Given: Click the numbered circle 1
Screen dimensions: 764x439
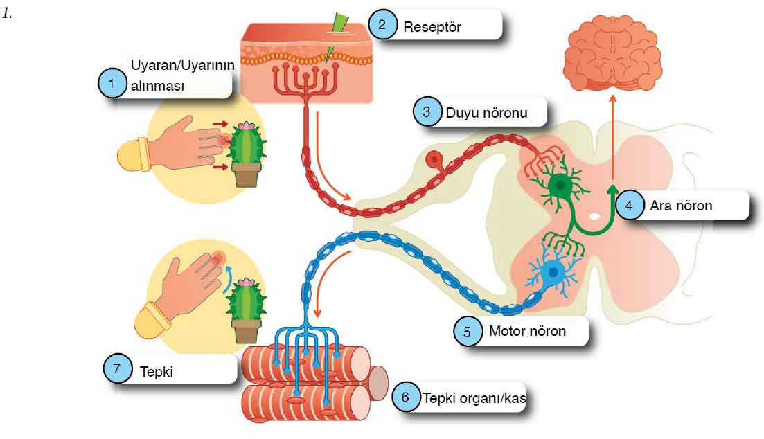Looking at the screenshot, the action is point(112,83).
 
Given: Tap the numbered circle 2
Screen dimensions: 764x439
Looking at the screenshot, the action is point(382,24).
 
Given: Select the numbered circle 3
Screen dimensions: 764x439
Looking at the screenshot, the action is point(427,112).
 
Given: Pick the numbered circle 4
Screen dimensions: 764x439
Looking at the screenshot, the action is point(628,206).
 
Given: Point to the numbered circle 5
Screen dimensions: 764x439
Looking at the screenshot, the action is point(467,332).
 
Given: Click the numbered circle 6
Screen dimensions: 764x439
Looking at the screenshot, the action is point(405,397).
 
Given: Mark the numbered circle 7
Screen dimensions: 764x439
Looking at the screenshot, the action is point(116,369).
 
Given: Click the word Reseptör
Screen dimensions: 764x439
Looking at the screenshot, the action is point(432,27).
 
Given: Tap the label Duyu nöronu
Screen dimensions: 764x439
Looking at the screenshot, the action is point(486,113).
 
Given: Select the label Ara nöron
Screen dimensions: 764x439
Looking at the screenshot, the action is point(681,206).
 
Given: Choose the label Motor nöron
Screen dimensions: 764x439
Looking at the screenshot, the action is point(527,331).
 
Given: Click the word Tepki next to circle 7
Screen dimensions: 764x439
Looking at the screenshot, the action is point(157,372).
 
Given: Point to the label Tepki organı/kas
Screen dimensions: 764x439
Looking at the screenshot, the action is point(474,398).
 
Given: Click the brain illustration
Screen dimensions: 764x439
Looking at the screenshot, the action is point(612,53).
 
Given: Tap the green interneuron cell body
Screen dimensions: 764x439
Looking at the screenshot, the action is point(559,185).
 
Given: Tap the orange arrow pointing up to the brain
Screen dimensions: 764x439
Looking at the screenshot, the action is point(612,137).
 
